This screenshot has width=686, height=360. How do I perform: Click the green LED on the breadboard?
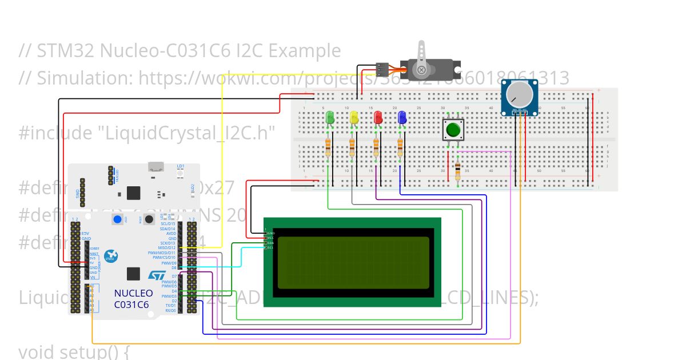(x=329, y=118)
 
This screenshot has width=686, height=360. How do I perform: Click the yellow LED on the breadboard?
(x=354, y=118)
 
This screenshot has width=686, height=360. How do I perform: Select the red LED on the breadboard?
(x=378, y=118)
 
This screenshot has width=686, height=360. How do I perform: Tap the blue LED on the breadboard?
(x=402, y=118)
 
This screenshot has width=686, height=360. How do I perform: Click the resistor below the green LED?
(x=328, y=147)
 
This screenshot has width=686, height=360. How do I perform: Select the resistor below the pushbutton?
(x=458, y=170)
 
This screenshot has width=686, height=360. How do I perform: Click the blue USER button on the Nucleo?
(x=118, y=219)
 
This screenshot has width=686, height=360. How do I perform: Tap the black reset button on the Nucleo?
(x=149, y=219)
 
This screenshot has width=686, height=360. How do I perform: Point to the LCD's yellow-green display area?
(x=353, y=263)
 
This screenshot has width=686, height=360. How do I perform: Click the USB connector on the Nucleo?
(x=155, y=167)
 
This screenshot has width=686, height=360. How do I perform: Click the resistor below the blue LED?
(x=400, y=147)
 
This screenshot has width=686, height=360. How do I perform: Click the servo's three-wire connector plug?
(x=382, y=69)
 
